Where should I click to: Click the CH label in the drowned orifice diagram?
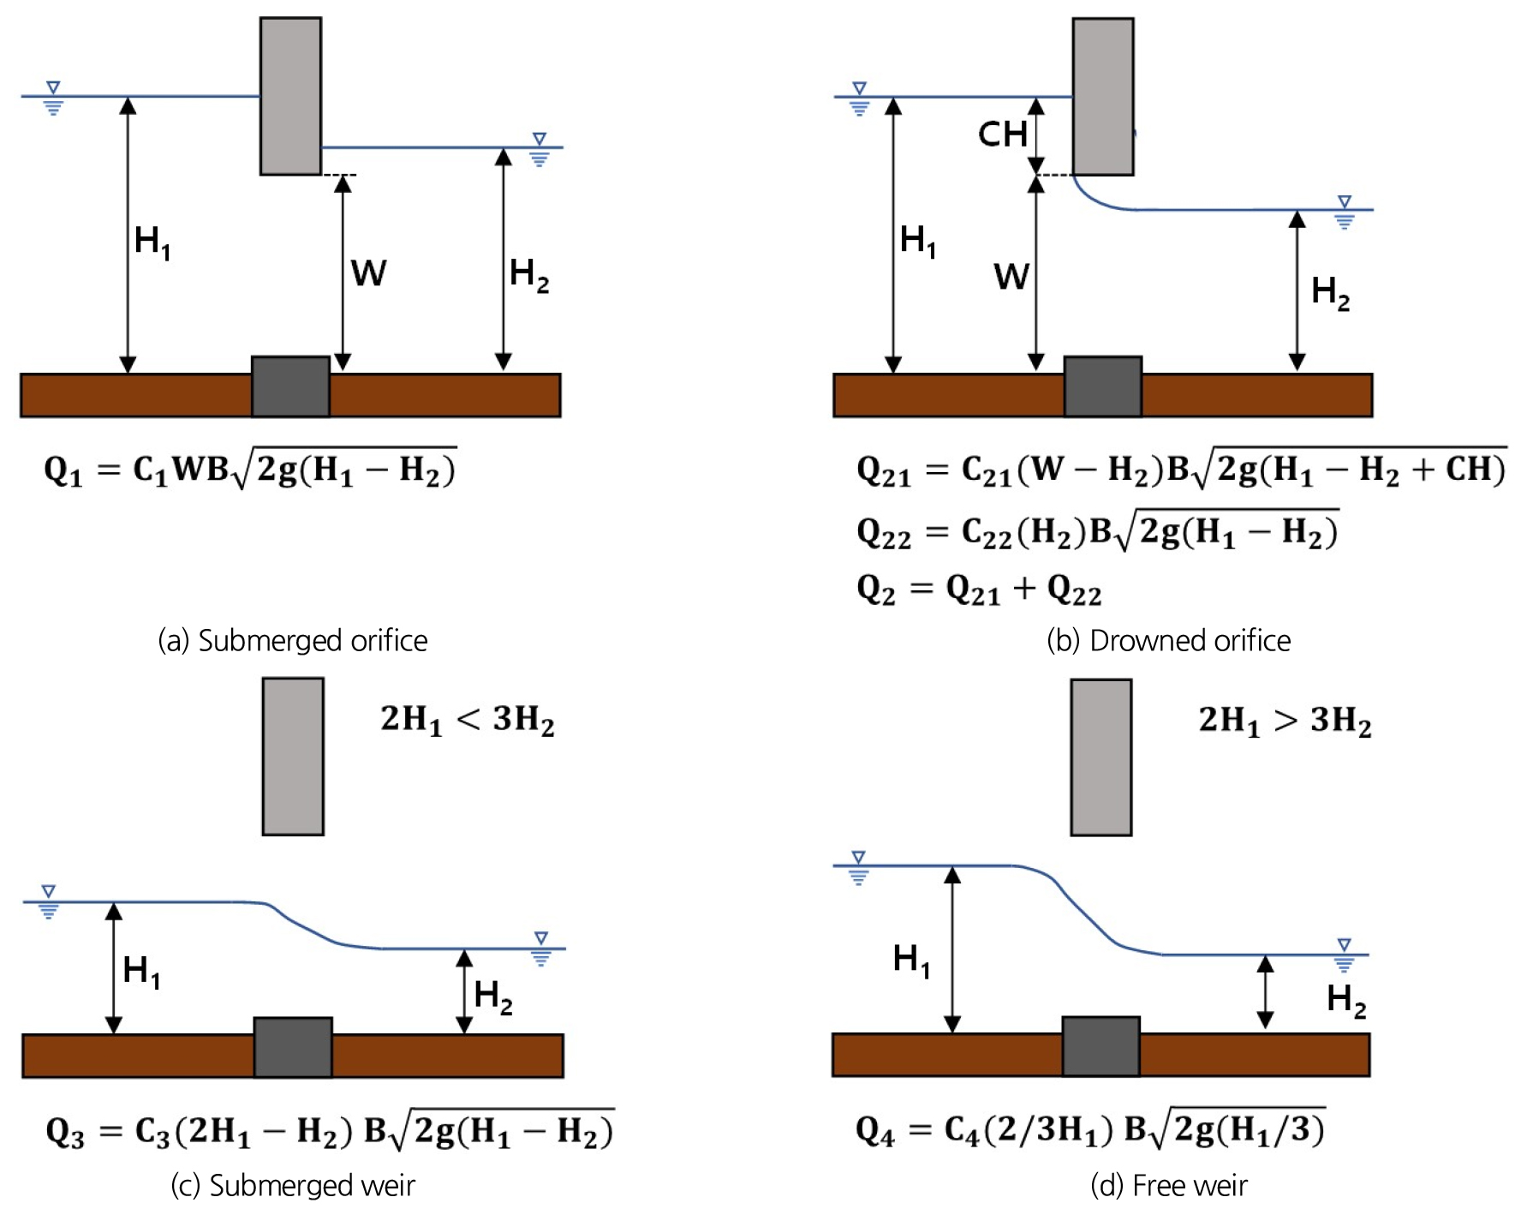pos(1003,135)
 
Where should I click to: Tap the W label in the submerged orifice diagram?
pos(369,273)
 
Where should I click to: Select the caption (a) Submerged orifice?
pos(293,640)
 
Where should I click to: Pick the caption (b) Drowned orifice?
pos(1169,640)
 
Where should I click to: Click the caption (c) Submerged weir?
pos(293,1185)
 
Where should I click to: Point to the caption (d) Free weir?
pos(1169,1185)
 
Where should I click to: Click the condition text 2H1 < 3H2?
pos(468,720)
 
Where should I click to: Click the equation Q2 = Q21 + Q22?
pos(979,590)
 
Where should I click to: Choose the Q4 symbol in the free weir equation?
pos(875,1132)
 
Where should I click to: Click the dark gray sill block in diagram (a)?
pos(290,386)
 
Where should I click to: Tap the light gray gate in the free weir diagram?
pos(1101,757)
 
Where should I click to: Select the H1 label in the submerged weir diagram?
pos(142,972)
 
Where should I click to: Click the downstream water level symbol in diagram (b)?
pos(1345,212)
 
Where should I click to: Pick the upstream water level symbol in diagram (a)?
pos(53,99)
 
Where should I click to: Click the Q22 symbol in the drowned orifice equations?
pos(884,534)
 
